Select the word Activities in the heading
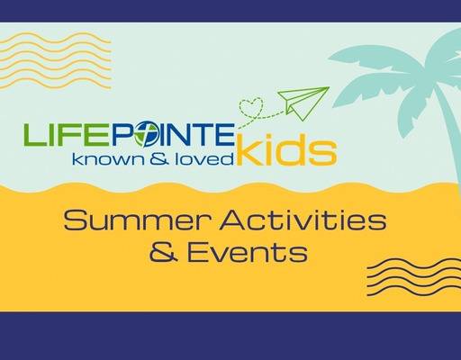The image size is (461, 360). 293,219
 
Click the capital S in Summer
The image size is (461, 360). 76,219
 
